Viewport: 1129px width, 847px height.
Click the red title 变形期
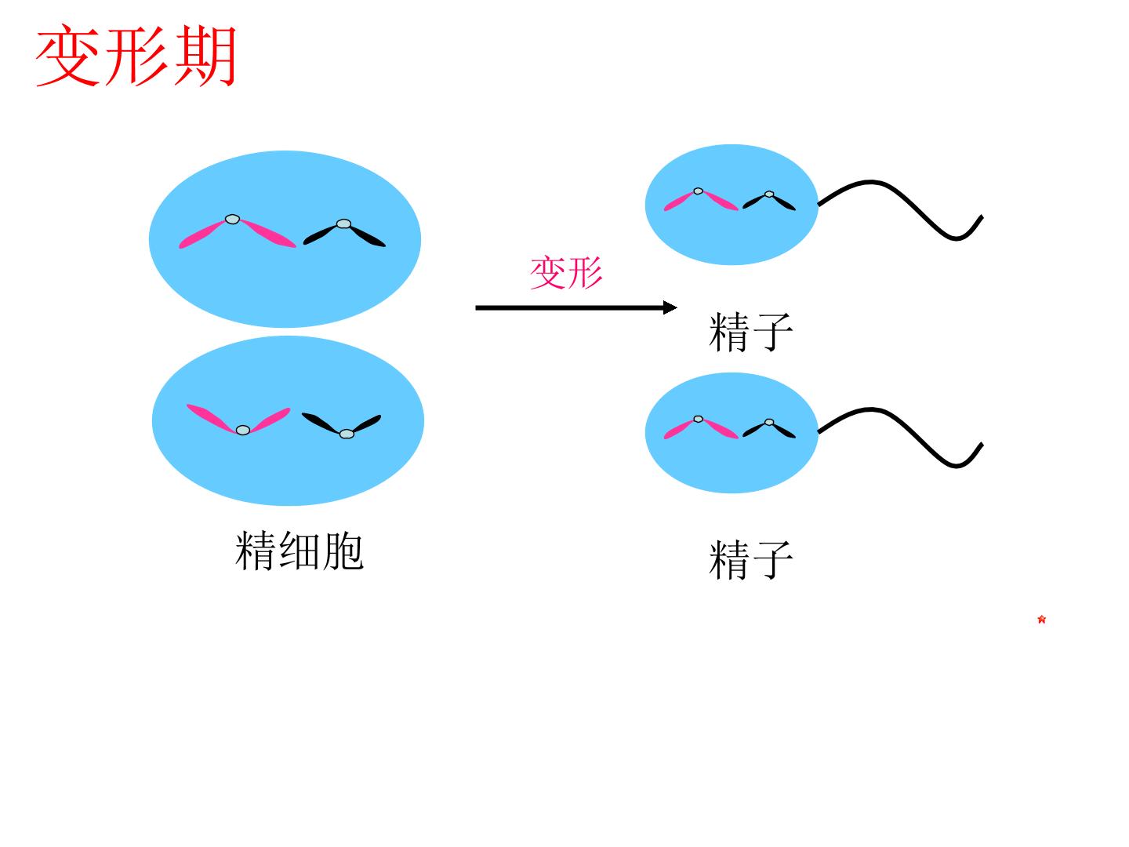[136, 55]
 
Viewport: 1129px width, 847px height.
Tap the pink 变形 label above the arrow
[566, 273]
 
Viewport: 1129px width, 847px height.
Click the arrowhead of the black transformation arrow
[670, 307]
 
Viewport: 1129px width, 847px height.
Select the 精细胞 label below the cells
[299, 551]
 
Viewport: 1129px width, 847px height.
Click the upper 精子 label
[751, 332]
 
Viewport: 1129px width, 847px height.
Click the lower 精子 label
[751, 559]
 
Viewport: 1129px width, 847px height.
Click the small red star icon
[1041, 620]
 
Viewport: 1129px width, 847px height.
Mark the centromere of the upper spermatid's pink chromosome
[233, 220]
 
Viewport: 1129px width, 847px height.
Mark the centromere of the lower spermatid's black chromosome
[347, 434]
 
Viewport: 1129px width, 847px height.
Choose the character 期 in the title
[205, 55]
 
